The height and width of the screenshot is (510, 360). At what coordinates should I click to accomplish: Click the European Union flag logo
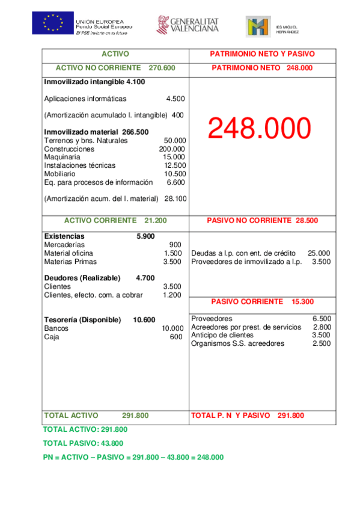pos(53,23)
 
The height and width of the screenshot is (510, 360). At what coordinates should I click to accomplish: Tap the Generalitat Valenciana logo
pos(188,25)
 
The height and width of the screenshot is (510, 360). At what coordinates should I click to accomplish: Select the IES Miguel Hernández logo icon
pos(258,26)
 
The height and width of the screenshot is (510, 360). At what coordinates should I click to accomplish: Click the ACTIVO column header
pos(115,54)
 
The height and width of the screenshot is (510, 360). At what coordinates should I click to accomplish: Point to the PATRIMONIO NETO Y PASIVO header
pos(262,54)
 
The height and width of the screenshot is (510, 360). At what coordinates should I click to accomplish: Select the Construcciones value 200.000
pos(172,149)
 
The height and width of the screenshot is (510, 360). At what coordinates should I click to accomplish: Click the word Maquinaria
pos(62,157)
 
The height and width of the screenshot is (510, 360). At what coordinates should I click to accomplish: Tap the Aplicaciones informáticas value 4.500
pos(175,99)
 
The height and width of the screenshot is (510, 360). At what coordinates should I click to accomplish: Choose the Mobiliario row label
pos(60,173)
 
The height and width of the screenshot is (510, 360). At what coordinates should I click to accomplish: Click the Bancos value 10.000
pos(172,328)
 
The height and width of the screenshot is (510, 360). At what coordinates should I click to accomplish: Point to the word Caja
pos(52,337)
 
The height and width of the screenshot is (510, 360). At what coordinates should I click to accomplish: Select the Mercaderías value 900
pos(175,245)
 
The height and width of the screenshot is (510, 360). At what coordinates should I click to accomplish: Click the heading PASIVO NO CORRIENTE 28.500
pos(262,221)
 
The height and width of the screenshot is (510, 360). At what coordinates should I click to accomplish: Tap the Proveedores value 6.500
pos(322,319)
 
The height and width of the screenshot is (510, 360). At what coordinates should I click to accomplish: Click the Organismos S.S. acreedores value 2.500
pos(322,343)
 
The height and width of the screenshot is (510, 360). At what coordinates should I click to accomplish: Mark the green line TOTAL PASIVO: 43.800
pos(83,443)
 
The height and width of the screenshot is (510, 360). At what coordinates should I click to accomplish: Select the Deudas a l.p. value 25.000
pos(319,253)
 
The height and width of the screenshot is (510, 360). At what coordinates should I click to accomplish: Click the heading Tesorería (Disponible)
pos(83,319)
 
